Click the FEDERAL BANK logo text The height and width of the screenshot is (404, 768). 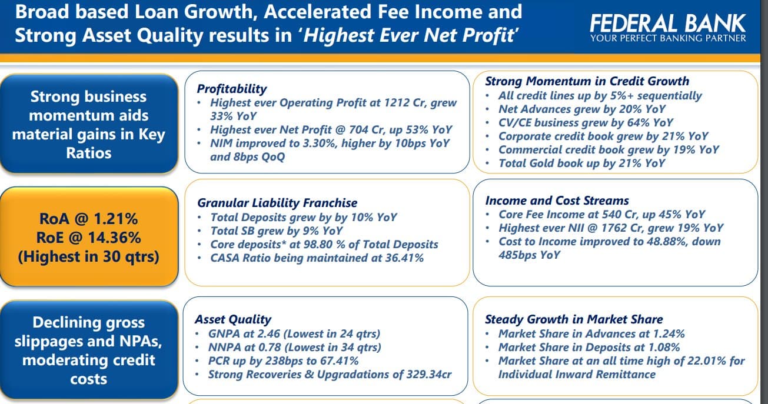[667, 23]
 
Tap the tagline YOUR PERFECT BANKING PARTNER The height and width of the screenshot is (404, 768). [668, 38]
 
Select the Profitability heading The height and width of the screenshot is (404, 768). [232, 89]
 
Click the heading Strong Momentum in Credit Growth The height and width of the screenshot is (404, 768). [587, 81]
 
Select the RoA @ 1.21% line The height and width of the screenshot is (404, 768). [88, 219]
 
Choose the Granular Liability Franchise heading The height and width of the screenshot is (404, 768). [277, 203]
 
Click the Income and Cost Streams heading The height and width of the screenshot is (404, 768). [557, 201]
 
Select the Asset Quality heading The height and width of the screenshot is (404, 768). [233, 319]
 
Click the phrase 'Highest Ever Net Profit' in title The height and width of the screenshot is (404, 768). [410, 36]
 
